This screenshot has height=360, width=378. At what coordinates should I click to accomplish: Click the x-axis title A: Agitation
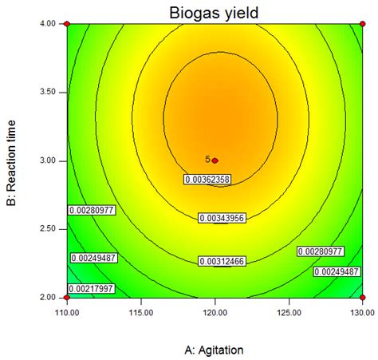pyautogui.click(x=215, y=350)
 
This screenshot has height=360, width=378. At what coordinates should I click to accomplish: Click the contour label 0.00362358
pyautogui.click(x=207, y=180)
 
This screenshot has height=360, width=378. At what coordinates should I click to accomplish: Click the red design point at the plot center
pyautogui.click(x=215, y=160)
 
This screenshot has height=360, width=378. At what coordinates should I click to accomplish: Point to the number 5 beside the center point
pyautogui.click(x=207, y=160)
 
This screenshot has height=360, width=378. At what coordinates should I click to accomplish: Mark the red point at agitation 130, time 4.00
pyautogui.click(x=363, y=24)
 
